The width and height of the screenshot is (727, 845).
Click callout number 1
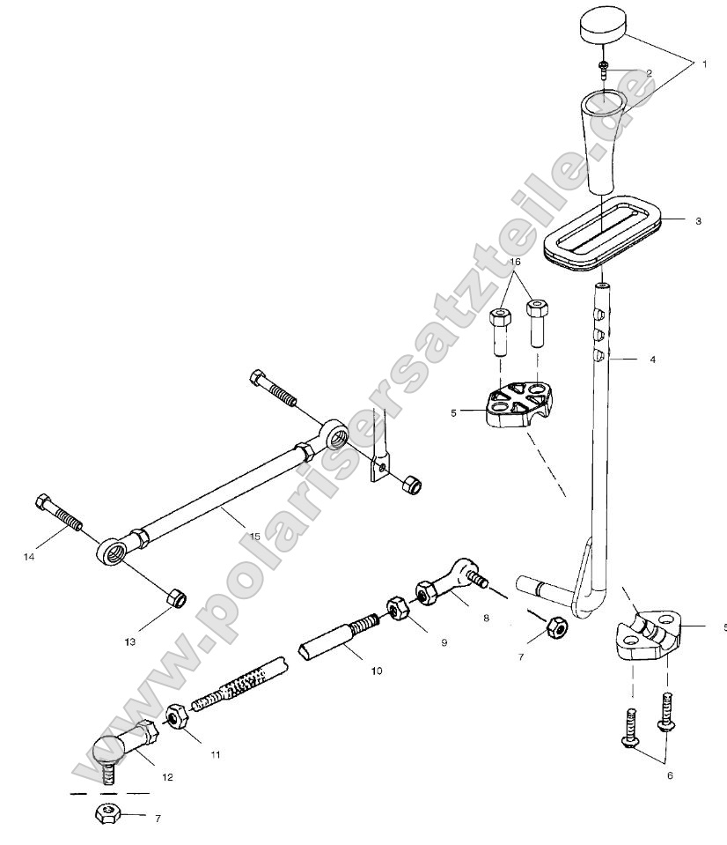(x=703, y=64)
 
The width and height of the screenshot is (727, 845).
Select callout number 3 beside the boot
(x=698, y=221)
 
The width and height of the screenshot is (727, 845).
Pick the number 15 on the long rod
(x=254, y=536)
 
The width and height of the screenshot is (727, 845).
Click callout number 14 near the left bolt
(x=29, y=556)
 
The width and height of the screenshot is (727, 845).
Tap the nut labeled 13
(x=175, y=599)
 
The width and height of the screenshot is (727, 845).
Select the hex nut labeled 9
(x=396, y=608)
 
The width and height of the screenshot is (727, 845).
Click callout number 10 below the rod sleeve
(x=376, y=671)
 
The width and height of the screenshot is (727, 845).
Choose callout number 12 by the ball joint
(x=167, y=777)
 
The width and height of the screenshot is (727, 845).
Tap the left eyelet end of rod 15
(x=113, y=553)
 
